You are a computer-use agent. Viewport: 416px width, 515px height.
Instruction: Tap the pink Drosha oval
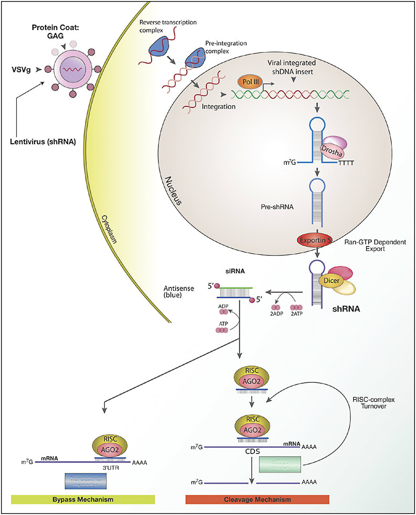[331, 152]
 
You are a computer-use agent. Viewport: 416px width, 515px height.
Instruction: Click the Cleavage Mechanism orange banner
[257, 499]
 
